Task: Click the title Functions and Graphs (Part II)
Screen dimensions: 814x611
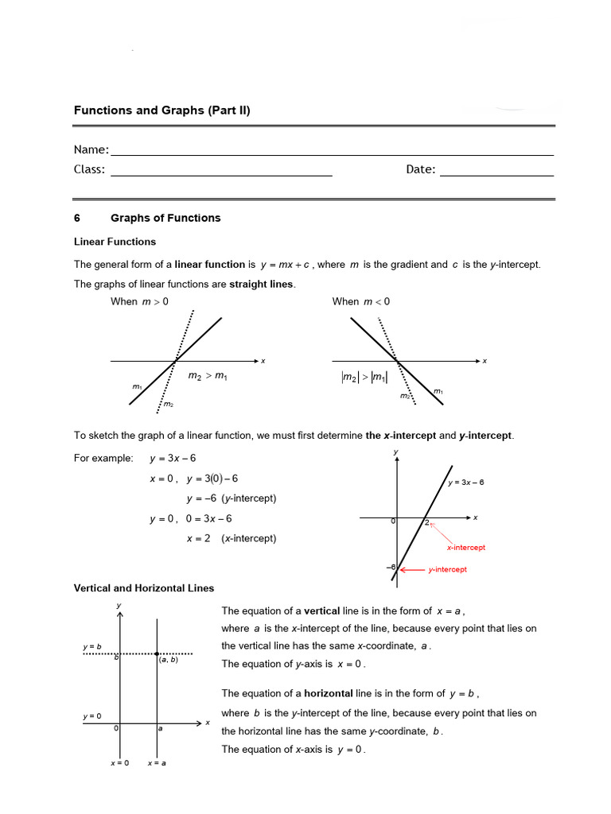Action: (x=162, y=110)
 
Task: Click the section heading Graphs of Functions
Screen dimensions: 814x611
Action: (x=165, y=218)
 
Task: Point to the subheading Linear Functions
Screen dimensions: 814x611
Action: (x=115, y=242)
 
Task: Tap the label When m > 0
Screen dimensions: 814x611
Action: (x=139, y=301)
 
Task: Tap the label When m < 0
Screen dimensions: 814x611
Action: (x=360, y=301)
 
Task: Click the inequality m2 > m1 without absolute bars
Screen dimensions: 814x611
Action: (x=208, y=375)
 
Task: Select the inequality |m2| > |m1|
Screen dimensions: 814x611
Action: (x=359, y=378)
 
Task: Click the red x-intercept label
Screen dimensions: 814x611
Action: (x=465, y=548)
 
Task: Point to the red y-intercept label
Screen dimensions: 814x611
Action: (x=447, y=569)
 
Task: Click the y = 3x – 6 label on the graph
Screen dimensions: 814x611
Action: (x=465, y=483)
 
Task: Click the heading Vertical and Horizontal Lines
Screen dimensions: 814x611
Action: (x=144, y=588)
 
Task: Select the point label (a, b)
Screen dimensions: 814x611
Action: (x=168, y=660)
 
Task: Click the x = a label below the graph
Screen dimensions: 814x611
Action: (x=157, y=763)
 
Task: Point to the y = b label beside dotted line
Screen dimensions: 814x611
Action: (x=91, y=647)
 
